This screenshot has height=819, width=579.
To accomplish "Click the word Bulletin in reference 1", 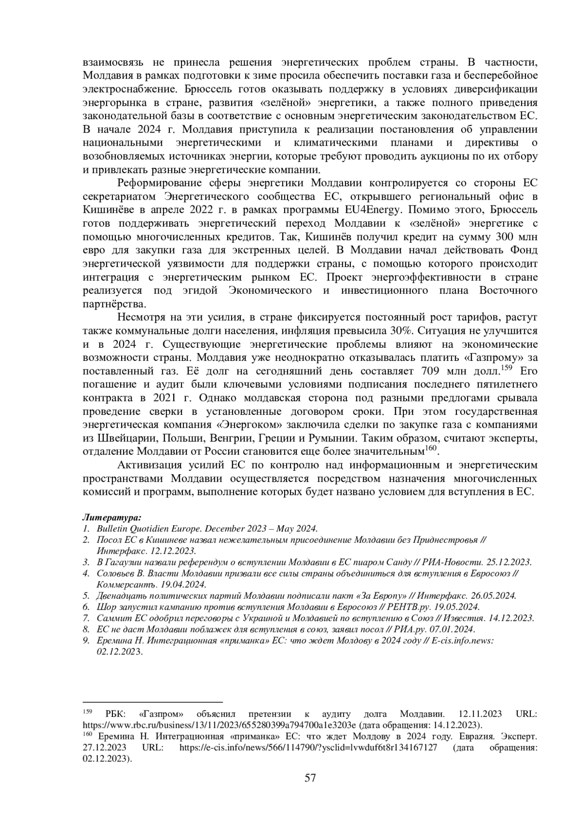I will coord(111,529).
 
